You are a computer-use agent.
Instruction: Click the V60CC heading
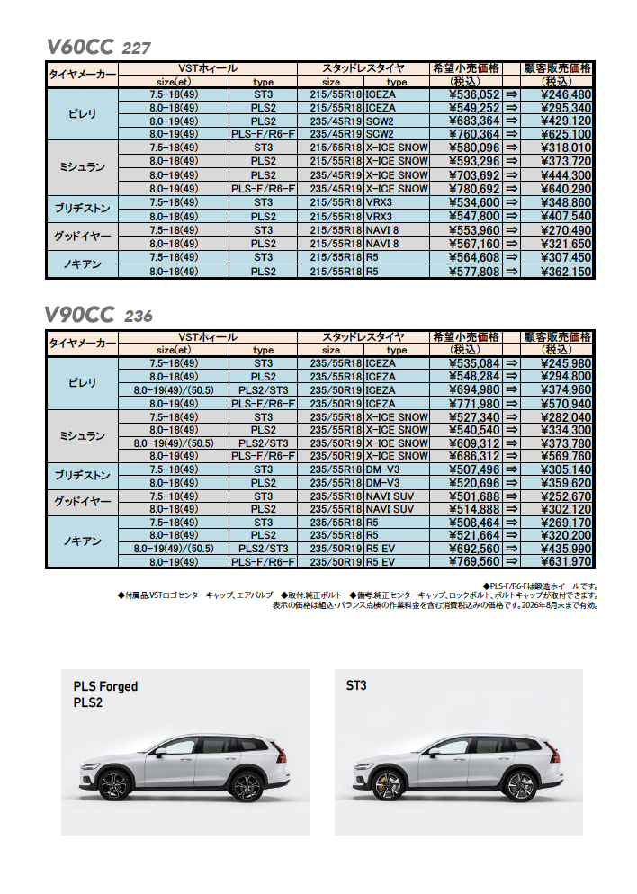click(79, 46)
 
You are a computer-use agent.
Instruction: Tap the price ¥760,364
click(473, 135)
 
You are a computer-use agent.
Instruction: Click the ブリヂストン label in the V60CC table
click(82, 210)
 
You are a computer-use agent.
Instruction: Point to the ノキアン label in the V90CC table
click(82, 541)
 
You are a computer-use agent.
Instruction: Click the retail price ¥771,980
click(473, 404)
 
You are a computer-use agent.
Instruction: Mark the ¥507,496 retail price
click(473, 469)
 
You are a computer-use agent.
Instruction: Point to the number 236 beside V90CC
click(139, 316)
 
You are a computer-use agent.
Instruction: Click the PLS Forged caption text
click(106, 686)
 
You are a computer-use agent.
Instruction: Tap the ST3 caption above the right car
click(356, 685)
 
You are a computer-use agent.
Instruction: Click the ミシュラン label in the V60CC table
click(82, 168)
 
